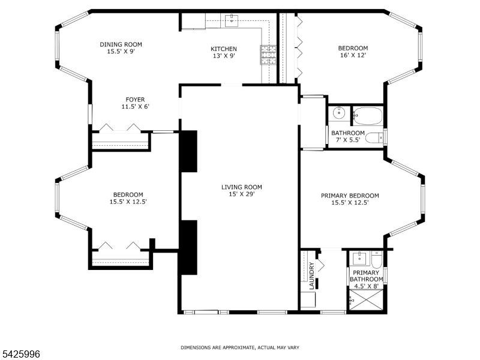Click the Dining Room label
(x=121, y=44)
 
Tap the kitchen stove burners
(x=268, y=55)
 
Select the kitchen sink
(x=232, y=20)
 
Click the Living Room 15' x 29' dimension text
(x=242, y=194)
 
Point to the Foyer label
(x=136, y=100)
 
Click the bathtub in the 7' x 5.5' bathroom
(x=368, y=116)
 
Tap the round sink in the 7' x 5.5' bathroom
(x=339, y=113)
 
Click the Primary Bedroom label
(x=350, y=196)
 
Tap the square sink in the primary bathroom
(x=359, y=259)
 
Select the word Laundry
(x=311, y=276)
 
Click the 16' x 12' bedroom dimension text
(x=353, y=55)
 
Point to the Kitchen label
(x=224, y=49)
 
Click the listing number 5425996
(x=20, y=354)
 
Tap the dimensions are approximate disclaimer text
(x=240, y=347)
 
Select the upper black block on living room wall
(x=188, y=151)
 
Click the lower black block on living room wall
(x=188, y=247)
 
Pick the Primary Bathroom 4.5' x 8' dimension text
(x=367, y=286)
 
